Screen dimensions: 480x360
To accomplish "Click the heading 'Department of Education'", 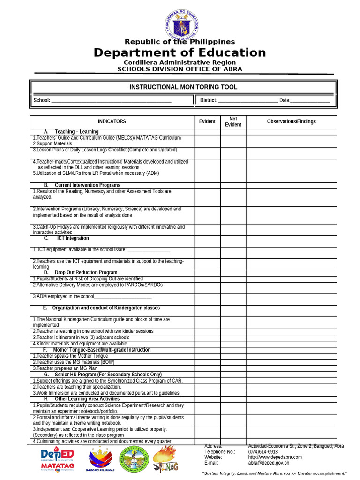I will pos(180,52).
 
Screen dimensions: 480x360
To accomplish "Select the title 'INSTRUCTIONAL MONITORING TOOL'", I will pos(183,87).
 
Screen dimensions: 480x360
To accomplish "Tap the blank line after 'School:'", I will pos(111,101).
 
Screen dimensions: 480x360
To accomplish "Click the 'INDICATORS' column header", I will pos(112,122).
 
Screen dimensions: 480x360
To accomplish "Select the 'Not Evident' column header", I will pos(233,122).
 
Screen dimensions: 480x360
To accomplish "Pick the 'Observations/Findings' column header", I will pos(291,122).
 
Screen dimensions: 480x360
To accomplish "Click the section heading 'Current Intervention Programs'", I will pos(87,186).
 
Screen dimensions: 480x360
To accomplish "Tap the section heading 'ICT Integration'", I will pos(73,239).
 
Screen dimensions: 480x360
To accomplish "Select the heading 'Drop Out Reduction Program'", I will pos(86,273).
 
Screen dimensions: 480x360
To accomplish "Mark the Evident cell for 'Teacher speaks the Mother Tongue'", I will pos(208,356).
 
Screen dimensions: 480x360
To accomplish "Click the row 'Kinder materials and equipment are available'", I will pos(80,344).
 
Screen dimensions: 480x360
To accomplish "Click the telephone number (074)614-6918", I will pos(263,452).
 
